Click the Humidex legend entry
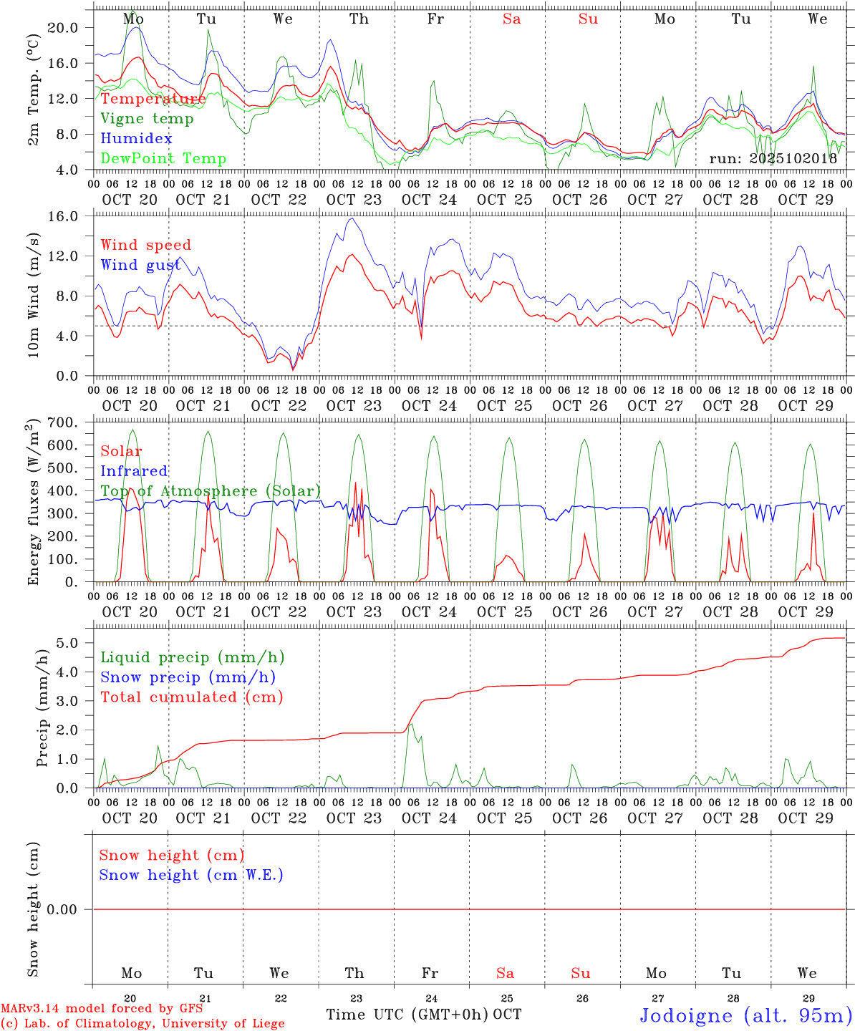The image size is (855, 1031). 136,139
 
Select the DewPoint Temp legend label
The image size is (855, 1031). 163,159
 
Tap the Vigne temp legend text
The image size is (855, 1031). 147,119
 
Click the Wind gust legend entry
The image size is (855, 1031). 140,265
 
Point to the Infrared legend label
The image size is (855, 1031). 134,471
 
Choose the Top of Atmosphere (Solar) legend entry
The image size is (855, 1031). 211,491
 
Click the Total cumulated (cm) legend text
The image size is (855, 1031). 191,697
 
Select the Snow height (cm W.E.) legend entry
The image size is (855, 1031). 191,875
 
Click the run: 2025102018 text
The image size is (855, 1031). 773,159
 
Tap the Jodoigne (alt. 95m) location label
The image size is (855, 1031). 745,1015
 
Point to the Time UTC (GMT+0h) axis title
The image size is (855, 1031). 407,1015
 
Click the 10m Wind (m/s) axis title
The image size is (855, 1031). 33,295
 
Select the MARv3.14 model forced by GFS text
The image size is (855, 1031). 102,1009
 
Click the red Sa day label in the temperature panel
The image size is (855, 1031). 511,19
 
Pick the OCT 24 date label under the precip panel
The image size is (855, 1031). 429,818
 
